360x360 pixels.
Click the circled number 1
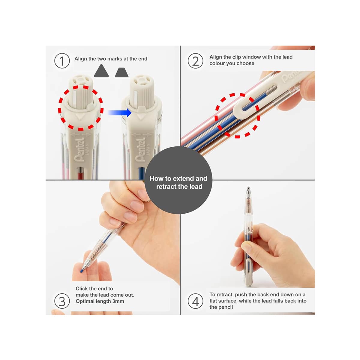coord(62,61)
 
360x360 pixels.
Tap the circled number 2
coord(195,61)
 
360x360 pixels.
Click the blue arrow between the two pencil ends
coord(120,113)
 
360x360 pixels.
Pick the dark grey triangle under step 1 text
coord(101,71)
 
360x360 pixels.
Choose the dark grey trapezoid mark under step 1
coord(121,73)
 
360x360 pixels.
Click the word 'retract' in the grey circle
coord(168,187)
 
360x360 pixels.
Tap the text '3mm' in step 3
coord(118,301)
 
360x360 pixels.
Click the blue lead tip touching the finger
coord(82,271)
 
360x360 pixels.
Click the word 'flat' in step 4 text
coord(213,301)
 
